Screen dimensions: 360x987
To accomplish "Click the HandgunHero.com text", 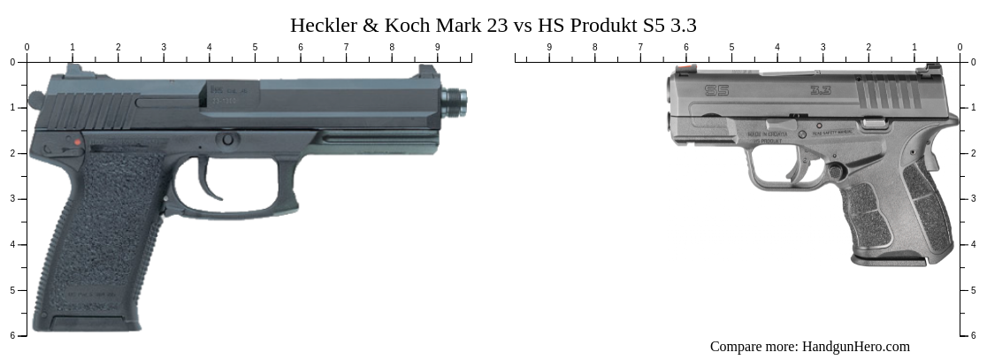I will click(855, 347).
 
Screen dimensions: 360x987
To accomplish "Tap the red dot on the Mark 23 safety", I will click(77, 142).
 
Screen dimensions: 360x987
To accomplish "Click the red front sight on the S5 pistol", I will click(682, 68).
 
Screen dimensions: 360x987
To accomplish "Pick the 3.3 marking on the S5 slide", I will click(820, 89).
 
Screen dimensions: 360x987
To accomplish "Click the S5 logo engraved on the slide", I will click(716, 89).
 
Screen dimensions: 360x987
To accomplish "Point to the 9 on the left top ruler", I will click(437, 47).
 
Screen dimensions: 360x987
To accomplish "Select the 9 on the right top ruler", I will click(549, 47).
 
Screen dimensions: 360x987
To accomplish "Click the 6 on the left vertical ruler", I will click(11, 335).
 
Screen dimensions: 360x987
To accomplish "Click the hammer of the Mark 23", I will click(36, 100).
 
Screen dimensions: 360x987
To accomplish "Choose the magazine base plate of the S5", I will click(888, 260).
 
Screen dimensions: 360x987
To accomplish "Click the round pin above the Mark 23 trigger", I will click(228, 139).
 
